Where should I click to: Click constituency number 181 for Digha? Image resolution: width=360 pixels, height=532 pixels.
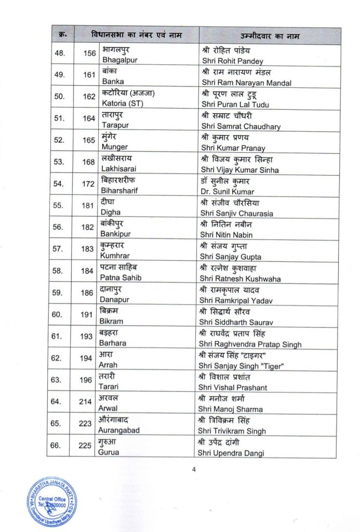pos(89,205)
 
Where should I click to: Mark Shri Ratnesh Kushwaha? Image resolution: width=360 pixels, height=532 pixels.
pos(241,278)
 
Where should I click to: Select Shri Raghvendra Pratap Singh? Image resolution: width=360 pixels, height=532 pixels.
pos(250,344)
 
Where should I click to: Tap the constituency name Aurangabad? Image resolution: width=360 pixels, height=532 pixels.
pos(120,431)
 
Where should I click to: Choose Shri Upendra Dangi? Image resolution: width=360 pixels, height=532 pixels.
pos(230,453)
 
